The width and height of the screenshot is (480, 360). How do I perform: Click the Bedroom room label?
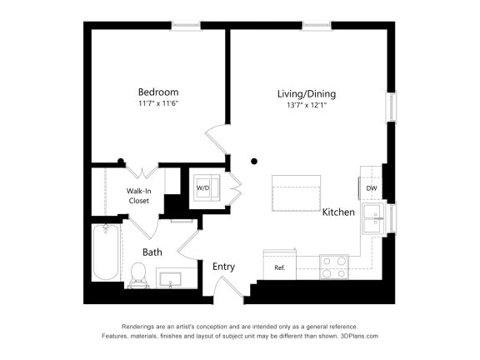(158, 92)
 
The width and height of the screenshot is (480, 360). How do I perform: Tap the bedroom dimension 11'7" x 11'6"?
(158, 103)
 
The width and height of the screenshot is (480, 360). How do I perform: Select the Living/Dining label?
(307, 94)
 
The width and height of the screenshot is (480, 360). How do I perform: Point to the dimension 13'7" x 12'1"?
(307, 106)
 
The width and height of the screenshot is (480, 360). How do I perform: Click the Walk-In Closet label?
(138, 196)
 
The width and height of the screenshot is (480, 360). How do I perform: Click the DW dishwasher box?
(372, 188)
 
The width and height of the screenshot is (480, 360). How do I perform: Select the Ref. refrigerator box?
(280, 267)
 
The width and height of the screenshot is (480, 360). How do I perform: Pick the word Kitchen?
(339, 212)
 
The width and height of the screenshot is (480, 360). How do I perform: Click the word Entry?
(223, 267)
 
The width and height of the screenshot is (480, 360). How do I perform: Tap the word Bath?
(152, 252)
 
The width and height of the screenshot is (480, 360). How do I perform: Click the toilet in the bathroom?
(139, 273)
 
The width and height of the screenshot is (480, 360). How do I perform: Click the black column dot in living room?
(255, 161)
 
